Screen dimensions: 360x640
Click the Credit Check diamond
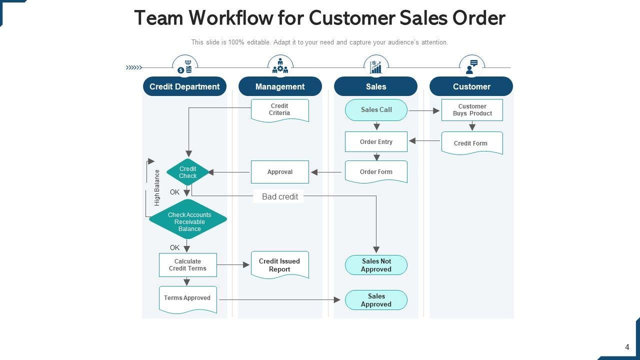[187, 172]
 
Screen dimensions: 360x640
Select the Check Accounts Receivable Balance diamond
[188, 219]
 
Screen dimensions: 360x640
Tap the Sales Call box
[376, 110]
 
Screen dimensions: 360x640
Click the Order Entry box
[376, 142]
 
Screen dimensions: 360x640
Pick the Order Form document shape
[376, 171]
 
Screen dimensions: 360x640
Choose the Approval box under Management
[279, 172]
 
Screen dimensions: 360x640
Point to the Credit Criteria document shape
[279, 110]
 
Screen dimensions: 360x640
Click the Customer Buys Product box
[472, 110]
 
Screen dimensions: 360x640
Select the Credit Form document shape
[471, 143]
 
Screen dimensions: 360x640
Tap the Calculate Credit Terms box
[187, 265]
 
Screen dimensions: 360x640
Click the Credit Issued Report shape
[279, 265]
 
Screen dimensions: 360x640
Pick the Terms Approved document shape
[187, 298]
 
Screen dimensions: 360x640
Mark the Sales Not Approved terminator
[376, 265]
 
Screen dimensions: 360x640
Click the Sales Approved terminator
[376, 300]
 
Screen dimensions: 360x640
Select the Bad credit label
[279, 196]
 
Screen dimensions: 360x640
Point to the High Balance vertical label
[157, 187]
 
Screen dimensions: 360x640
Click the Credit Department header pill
[184, 86]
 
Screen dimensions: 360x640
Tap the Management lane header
[280, 86]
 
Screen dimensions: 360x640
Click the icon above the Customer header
[471, 66]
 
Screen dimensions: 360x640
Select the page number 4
[627, 347]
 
